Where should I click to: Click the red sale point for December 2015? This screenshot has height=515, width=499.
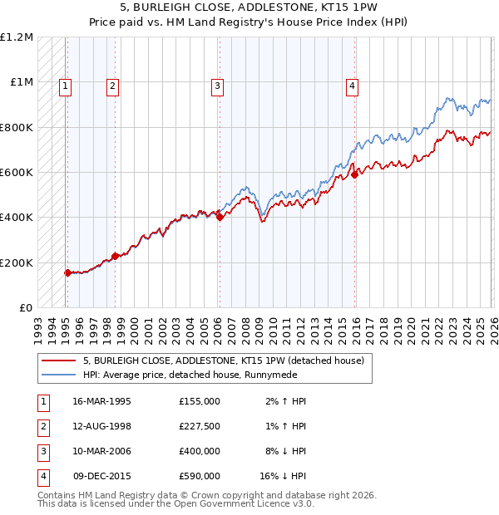click(x=354, y=174)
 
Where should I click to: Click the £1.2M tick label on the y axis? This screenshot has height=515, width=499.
click(x=17, y=37)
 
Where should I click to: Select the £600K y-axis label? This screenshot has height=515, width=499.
click(x=17, y=173)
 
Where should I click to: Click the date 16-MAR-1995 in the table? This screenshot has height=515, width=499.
click(x=103, y=401)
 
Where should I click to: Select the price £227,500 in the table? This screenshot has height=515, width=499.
click(x=200, y=426)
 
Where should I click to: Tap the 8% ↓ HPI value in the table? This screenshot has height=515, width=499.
click(x=283, y=451)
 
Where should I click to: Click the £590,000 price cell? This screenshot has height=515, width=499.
click(x=200, y=476)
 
